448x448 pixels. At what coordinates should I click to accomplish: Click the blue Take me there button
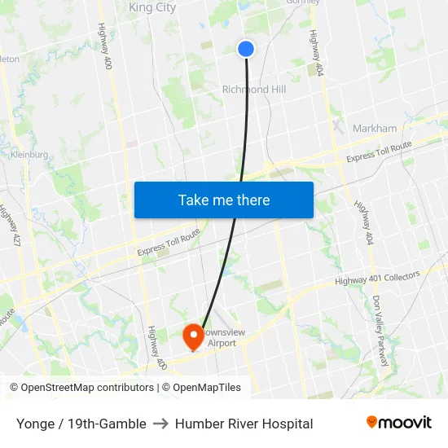point(224,200)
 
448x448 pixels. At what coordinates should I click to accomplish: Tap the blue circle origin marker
point(246,49)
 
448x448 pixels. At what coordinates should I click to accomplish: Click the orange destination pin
point(193,336)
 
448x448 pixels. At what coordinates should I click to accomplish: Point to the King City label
point(152,7)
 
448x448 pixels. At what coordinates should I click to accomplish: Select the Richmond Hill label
point(254,90)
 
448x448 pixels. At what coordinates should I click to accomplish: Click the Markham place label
point(375,128)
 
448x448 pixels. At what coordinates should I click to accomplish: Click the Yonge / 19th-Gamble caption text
point(81,424)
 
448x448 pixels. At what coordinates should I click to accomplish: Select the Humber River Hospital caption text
point(244,424)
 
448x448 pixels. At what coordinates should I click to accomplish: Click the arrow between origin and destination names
point(160,424)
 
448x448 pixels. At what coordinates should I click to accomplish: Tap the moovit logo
point(398,423)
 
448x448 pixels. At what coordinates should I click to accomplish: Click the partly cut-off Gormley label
point(301,2)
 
